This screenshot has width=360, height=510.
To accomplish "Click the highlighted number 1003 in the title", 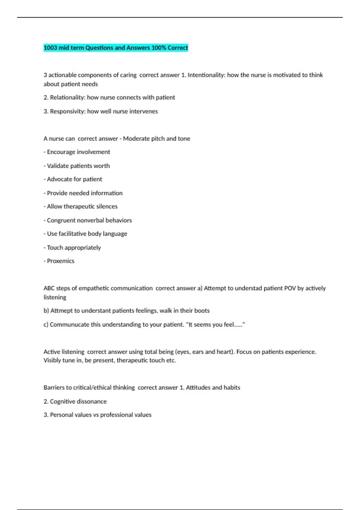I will tap(50, 48).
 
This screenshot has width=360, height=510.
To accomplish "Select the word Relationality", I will tap(67, 97).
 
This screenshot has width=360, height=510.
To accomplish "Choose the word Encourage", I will tap(60, 152).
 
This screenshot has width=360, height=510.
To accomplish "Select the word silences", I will tap(107, 206).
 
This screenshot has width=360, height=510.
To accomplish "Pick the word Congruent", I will tap(61, 220).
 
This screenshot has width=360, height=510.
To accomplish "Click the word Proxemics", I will tap(61, 261).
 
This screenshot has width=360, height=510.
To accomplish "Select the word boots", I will tap(202, 310).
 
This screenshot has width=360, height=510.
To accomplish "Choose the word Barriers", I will tap(54, 388).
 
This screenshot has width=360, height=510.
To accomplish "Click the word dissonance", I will tap(91, 401).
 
